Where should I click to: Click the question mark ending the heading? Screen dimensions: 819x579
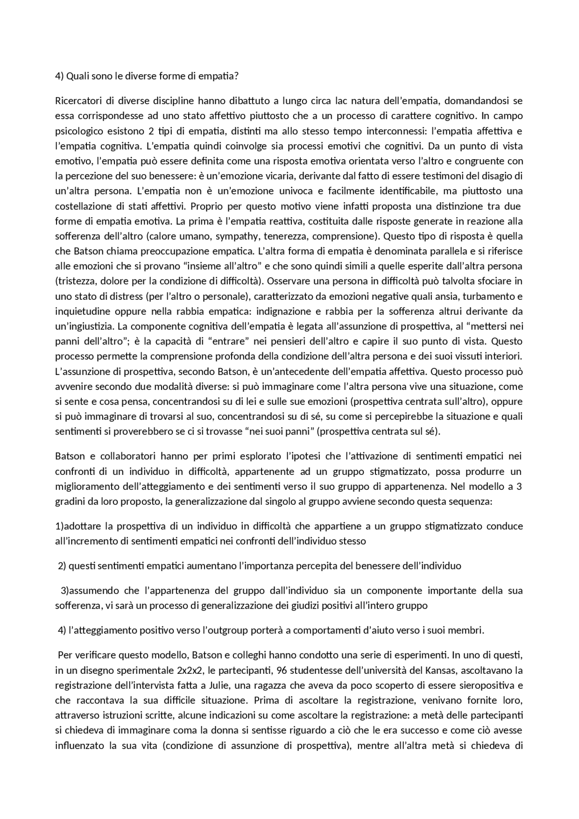[236, 76]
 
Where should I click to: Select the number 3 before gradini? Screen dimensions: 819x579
[520, 487]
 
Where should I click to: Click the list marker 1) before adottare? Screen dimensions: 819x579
[59, 526]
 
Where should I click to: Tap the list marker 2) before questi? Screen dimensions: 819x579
[62, 566]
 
